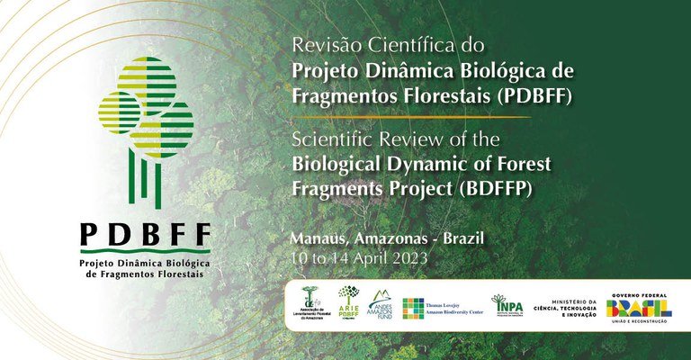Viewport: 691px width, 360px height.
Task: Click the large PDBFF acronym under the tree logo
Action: pos(146,235)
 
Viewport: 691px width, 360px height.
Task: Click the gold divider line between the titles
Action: pos(409,117)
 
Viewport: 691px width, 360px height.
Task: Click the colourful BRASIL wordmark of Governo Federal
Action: pos(638,307)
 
